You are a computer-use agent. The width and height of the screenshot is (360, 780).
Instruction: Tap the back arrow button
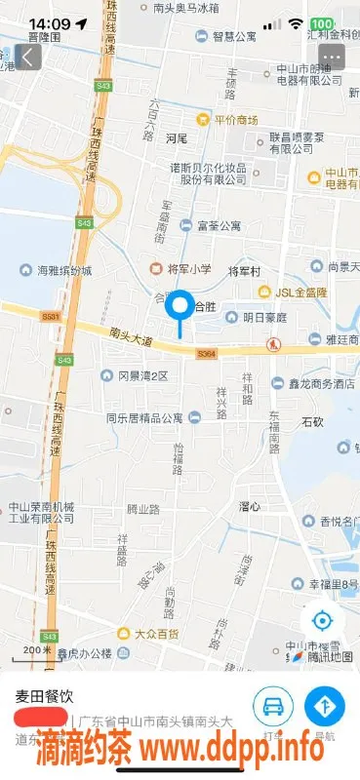[28, 57]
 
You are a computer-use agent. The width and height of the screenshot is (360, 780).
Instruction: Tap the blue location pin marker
[180, 308]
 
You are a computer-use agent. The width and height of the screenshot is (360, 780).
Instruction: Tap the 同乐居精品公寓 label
[145, 417]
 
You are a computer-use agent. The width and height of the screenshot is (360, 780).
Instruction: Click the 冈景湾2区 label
[142, 375]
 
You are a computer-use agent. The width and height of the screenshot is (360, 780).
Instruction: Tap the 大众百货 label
[160, 633]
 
